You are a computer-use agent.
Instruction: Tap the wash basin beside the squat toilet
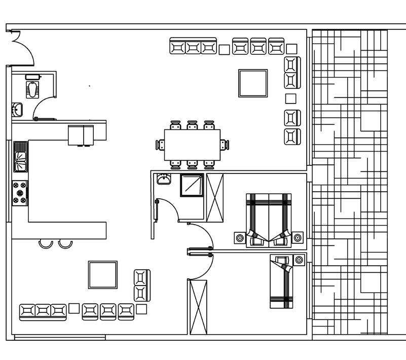pos(17,109)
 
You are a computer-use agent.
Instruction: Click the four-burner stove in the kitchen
pos(20,193)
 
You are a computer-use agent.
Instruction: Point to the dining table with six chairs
pos(192,145)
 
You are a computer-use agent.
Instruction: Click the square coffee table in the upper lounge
pos(253,83)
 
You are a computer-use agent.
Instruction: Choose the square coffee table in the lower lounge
pos(103,275)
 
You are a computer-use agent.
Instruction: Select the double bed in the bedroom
pos(269,219)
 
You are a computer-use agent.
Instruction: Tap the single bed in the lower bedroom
pos(282,282)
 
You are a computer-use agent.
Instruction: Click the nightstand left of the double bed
pos(240,237)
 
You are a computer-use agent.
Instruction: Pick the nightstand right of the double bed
pos(298,237)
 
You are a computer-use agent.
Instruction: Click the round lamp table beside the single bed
pos(299,260)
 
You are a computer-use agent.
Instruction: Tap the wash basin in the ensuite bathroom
pos(164,179)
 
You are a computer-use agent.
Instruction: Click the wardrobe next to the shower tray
pos(214,198)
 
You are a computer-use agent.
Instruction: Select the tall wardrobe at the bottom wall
pos(198,307)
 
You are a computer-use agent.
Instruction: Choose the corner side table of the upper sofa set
pos(291,49)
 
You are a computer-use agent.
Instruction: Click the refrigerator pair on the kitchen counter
pos(81,135)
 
